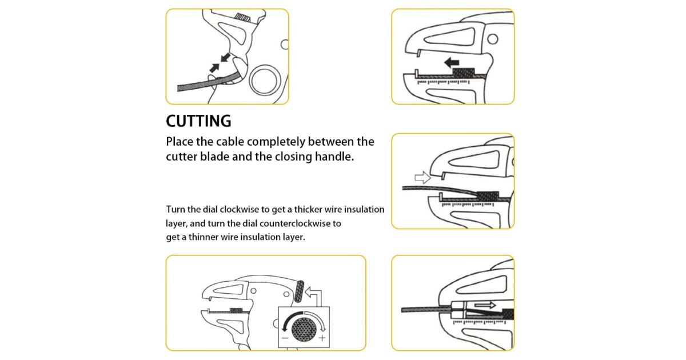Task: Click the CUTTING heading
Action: coord(198,121)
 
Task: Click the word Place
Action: coord(179,142)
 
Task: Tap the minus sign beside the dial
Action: coord(285,338)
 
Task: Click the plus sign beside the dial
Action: coord(322,338)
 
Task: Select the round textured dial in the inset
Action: coord(304,330)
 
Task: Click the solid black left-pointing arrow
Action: coord(452,63)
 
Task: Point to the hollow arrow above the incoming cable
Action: coord(422,178)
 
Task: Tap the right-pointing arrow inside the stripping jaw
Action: coord(485,305)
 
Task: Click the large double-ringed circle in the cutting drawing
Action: coord(265,80)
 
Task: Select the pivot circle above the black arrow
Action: coord(492,39)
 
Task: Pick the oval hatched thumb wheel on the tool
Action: coord(299,291)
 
